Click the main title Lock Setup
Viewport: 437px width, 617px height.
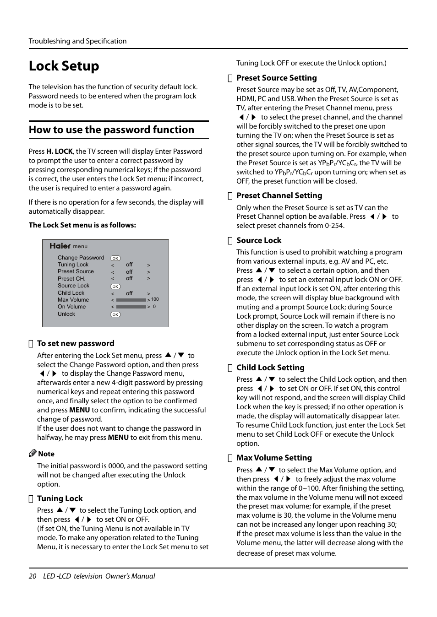click(64, 66)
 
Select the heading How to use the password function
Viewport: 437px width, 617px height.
click(111, 130)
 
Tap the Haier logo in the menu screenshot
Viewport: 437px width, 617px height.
click(60, 246)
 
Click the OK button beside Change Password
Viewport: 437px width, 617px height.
click(115, 258)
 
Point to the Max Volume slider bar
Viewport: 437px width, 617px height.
click(131, 300)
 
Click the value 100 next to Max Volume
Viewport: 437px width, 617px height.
click(155, 299)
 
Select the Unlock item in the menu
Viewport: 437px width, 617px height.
click(66, 314)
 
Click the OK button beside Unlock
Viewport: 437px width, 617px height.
click(115, 314)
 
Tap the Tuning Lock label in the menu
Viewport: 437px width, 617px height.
click(73, 265)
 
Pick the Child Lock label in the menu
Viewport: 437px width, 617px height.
click(71, 293)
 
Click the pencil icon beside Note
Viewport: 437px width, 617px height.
click(33, 453)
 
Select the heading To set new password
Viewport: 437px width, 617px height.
click(76, 343)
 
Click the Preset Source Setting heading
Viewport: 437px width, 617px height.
click(276, 78)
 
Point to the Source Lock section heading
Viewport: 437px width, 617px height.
click(259, 240)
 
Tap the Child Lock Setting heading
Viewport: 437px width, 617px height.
click(270, 368)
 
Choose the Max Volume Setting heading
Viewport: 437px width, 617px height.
click(274, 458)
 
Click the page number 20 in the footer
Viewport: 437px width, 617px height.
click(33, 576)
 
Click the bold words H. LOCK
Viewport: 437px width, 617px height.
click(60, 152)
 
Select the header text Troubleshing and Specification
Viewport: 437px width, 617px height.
click(78, 41)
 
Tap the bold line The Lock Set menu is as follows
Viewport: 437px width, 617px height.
click(82, 225)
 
